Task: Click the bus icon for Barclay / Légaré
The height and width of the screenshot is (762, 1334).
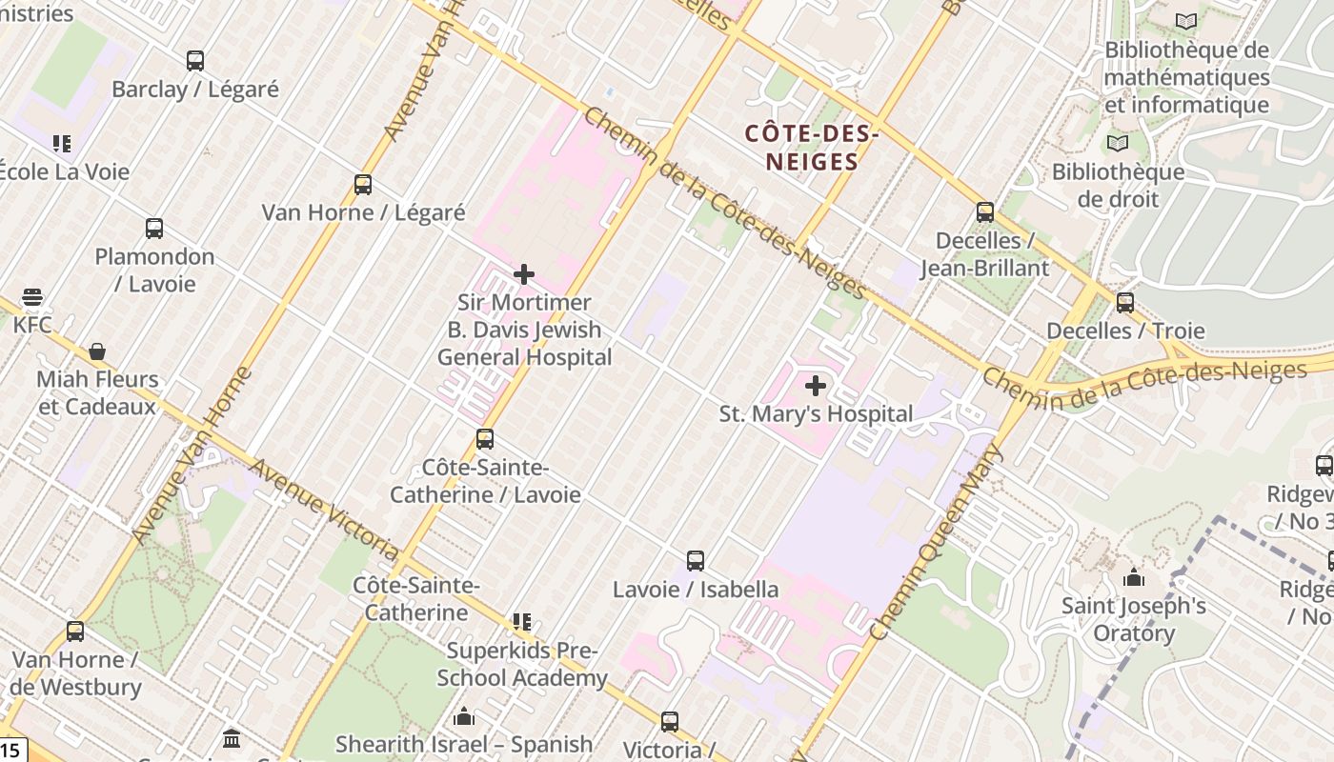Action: point(195,61)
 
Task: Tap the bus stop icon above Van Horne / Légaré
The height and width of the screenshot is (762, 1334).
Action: point(362,184)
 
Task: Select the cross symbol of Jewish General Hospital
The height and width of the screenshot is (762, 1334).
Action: point(524,274)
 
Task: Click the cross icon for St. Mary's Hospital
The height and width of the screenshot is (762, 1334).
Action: point(816,386)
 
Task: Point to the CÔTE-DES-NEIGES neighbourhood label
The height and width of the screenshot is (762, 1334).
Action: point(810,148)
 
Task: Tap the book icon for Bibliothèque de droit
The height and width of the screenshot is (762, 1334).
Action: point(1117,144)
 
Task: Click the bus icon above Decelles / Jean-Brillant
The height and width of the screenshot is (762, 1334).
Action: point(985,211)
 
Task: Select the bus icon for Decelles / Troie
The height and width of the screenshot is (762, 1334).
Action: point(1125,303)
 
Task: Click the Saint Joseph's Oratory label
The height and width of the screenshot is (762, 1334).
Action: point(1134,619)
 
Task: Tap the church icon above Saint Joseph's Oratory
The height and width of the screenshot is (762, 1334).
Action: point(1134,577)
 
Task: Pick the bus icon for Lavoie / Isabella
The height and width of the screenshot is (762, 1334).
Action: point(696,561)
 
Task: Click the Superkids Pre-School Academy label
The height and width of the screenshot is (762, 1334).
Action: point(522,664)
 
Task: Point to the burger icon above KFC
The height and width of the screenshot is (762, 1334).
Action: point(32,297)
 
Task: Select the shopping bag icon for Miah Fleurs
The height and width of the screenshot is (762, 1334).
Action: point(97,351)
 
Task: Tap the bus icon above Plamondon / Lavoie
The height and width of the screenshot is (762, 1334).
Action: point(154,229)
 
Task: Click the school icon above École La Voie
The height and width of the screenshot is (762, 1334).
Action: point(62,144)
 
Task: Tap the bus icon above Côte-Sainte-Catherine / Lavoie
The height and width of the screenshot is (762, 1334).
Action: point(485,439)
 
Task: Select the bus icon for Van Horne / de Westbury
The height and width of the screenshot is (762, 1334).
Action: point(75,631)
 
